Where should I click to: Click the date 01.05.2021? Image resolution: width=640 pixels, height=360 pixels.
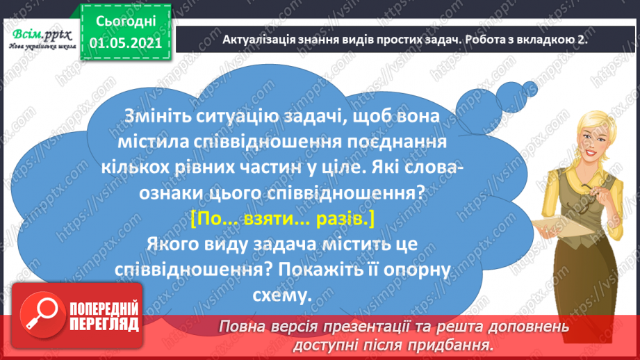click(126, 42)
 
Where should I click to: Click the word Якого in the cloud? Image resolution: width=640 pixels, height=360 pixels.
click(175, 245)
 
